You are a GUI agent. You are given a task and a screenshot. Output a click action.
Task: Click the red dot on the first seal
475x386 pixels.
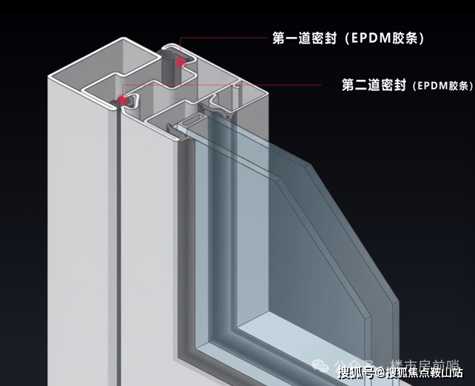(x=180, y=63)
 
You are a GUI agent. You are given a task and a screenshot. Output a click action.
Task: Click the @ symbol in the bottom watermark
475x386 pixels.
(x=380, y=373)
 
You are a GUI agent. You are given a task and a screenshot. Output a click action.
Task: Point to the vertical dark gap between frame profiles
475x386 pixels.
(x=117, y=222)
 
